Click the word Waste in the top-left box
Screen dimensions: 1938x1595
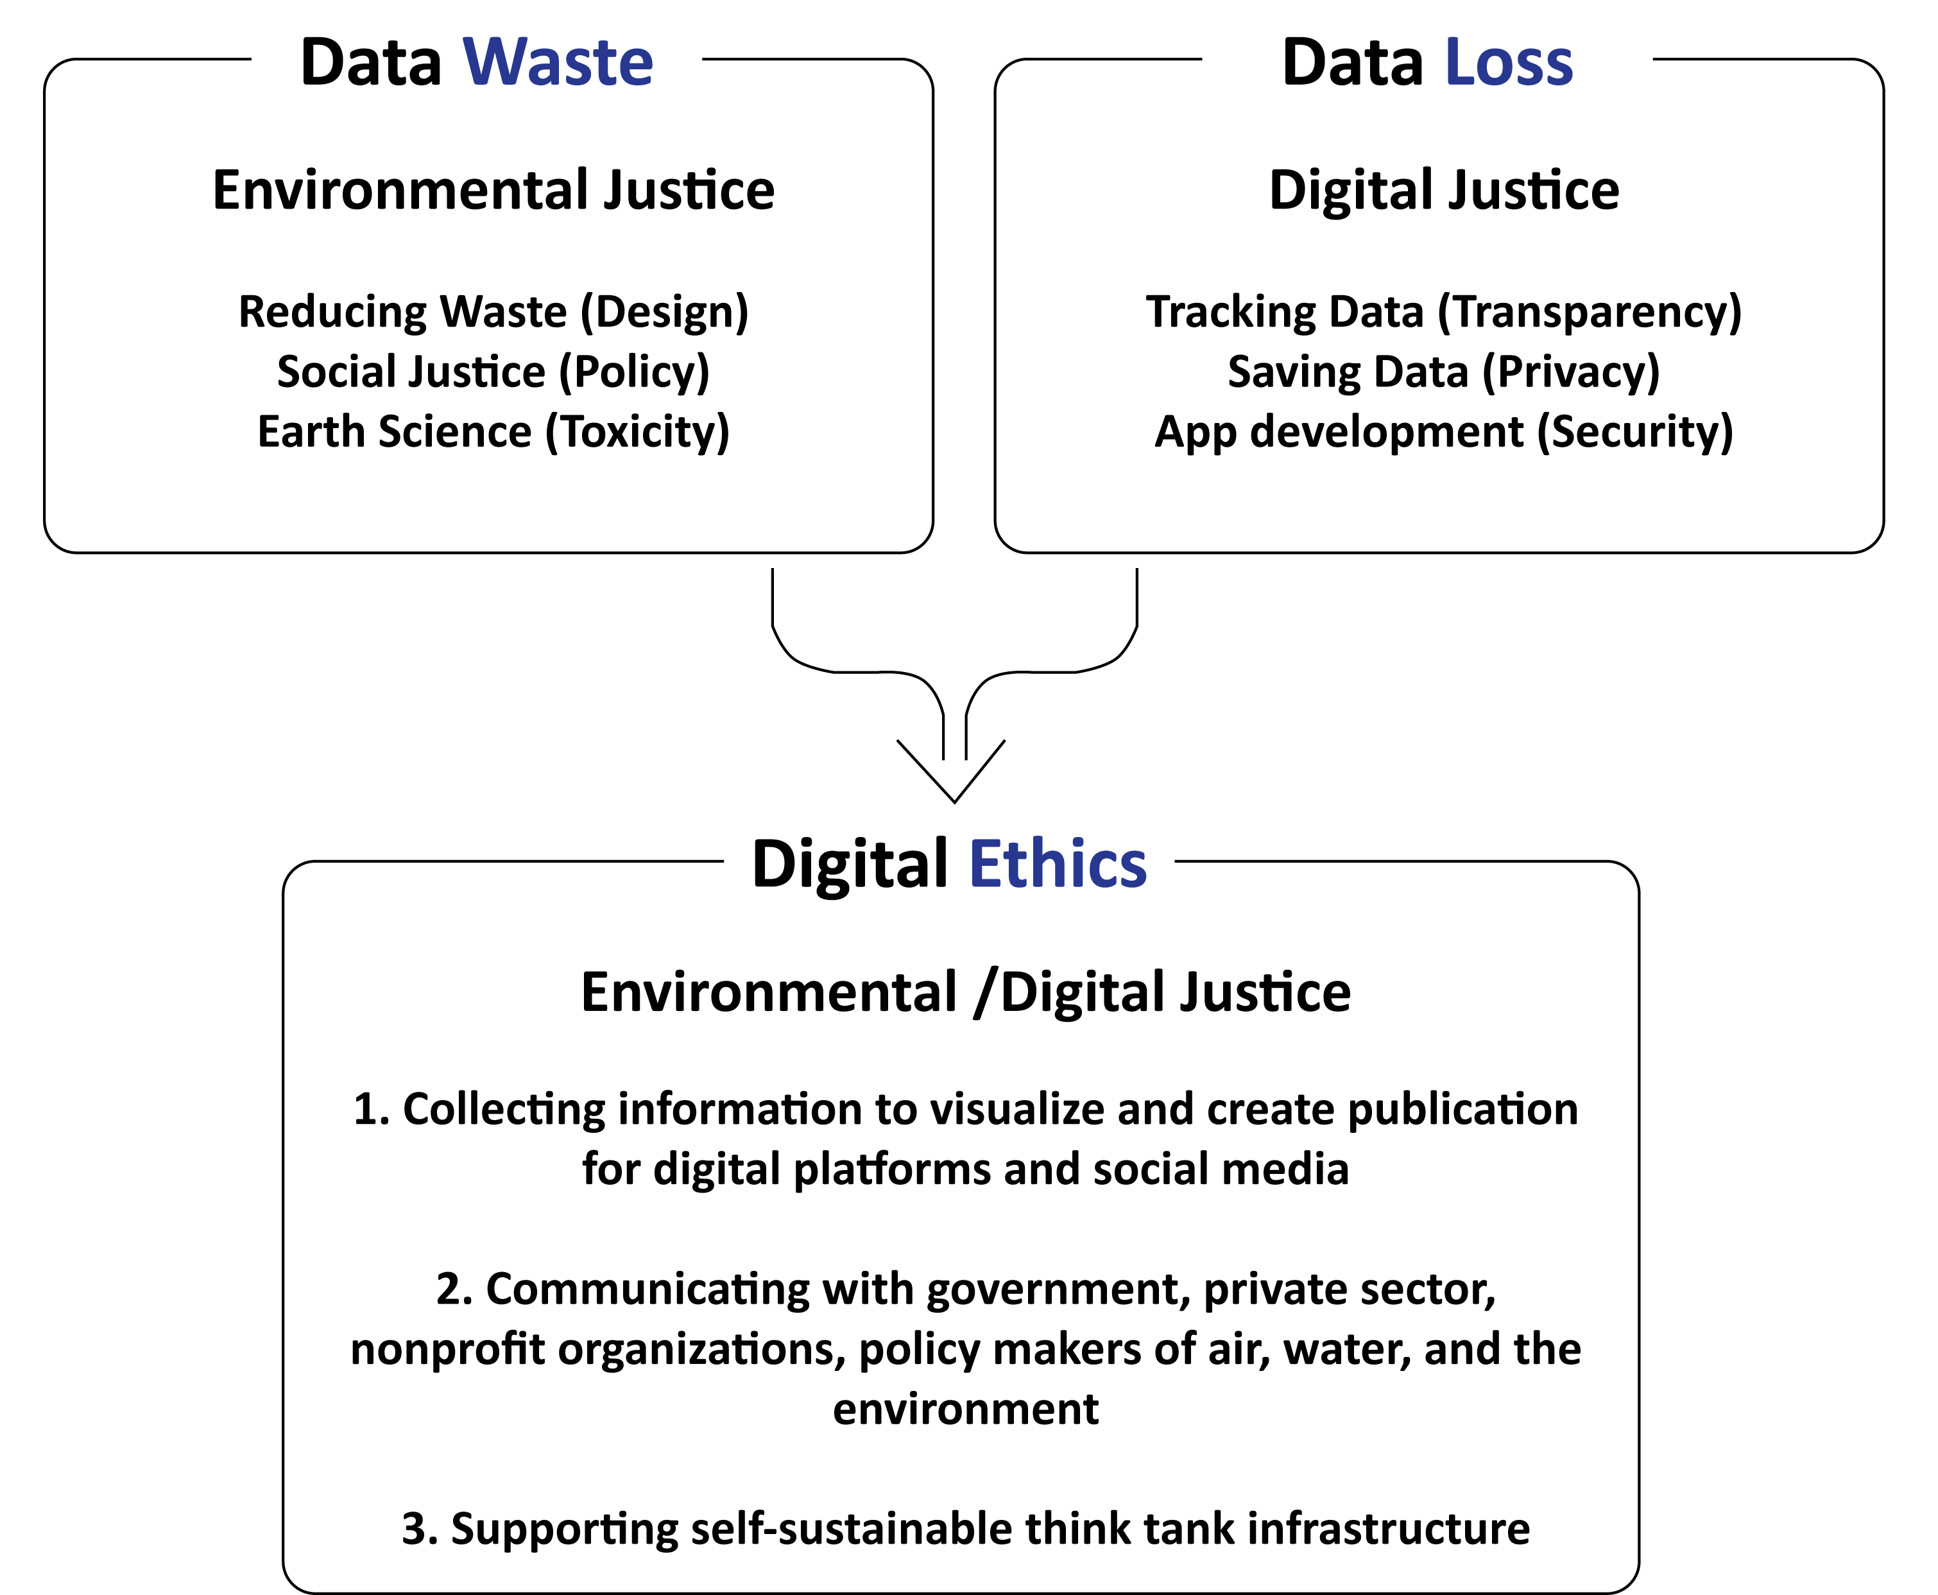pyautogui.click(x=558, y=64)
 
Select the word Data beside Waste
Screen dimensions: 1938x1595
pyautogui.click(x=371, y=64)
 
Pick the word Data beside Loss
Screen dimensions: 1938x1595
pyautogui.click(x=1352, y=64)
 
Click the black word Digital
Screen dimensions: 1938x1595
pyautogui.click(x=850, y=865)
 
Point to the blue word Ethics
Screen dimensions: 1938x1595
pyautogui.click(x=1058, y=865)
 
